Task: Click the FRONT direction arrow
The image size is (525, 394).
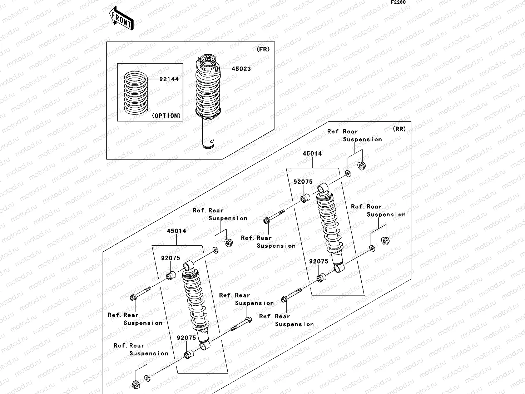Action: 121,19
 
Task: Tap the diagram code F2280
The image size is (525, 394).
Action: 398,2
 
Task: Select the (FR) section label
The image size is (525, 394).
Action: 263,50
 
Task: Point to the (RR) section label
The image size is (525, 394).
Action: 399,129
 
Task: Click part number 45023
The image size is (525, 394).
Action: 241,69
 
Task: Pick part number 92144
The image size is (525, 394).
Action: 169,79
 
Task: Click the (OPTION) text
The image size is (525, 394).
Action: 166,116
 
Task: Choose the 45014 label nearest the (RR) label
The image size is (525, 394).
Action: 312,154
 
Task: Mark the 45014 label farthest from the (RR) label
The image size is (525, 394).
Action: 177,231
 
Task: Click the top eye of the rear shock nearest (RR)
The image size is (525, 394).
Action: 323,187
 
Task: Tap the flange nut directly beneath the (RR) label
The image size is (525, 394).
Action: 361,165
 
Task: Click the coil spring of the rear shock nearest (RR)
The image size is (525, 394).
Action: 330,222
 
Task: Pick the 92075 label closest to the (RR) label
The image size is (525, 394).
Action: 303,182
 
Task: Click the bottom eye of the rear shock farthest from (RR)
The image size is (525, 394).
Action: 204,345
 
